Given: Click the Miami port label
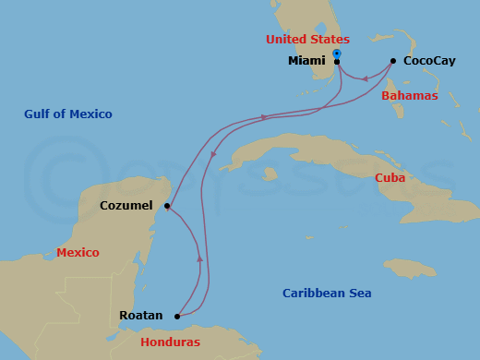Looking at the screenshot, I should [x=306, y=61].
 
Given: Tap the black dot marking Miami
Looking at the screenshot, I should [x=337, y=62].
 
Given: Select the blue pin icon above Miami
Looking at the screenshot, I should [x=337, y=54].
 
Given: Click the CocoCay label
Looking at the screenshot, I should [x=428, y=61].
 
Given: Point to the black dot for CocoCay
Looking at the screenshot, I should [x=393, y=61].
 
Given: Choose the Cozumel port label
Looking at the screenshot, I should [x=126, y=206].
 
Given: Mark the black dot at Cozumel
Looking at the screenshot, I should [x=166, y=206].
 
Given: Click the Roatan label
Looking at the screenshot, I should [x=140, y=316].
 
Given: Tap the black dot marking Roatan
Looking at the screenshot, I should [x=177, y=316].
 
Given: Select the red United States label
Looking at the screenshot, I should [x=307, y=40].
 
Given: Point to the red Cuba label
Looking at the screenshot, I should [x=390, y=177].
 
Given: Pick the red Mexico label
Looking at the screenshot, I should [x=78, y=253].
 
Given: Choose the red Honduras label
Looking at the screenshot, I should [x=171, y=342].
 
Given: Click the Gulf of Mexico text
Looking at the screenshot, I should [x=68, y=114].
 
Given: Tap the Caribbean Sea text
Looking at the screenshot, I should [x=327, y=294].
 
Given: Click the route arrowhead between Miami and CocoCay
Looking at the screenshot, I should [x=366, y=78].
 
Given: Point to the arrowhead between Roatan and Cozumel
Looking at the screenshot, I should [x=199, y=258].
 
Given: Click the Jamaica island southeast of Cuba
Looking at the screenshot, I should [x=410, y=268].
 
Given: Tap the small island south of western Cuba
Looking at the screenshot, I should [x=270, y=174].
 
